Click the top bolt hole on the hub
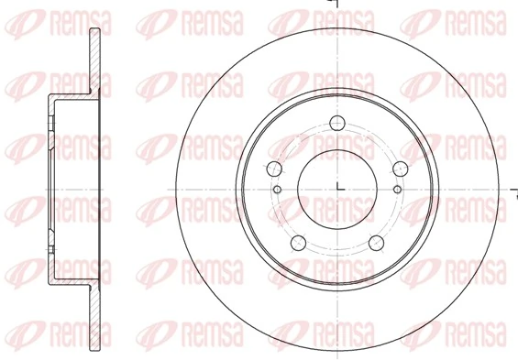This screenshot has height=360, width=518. [336, 125]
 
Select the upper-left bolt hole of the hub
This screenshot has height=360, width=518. [273, 169]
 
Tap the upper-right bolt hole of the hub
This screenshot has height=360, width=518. [400, 169]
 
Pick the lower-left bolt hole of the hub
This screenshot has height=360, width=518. [297, 243]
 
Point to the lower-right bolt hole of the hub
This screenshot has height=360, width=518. [376, 243]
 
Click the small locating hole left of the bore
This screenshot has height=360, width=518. [277, 189]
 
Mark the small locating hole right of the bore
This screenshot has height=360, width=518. [396, 189]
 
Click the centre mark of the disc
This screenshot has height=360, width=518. [336, 189]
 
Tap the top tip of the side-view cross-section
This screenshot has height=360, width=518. [94, 33]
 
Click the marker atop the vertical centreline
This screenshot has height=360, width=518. [336, 5]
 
